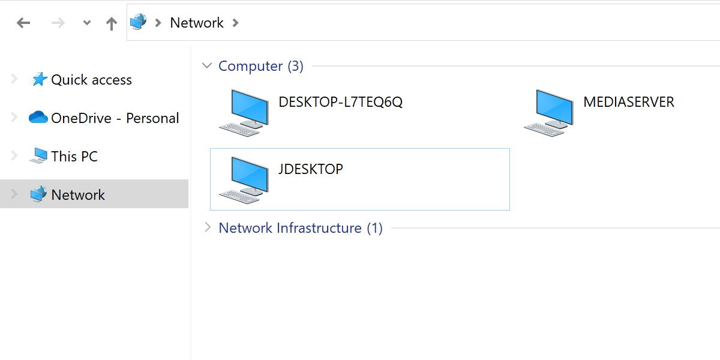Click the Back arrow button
pos(23,23)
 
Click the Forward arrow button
pos(58,23)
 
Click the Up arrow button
pos(112,23)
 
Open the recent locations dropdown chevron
pos(87,23)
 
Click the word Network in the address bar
pos(197,23)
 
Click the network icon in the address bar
pos(139,22)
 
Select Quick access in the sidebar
pos(91,80)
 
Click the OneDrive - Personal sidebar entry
pos(115,118)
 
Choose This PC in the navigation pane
pos(74,157)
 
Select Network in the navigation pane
pos(78,194)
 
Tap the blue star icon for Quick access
pos(39,79)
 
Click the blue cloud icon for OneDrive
pos(38,118)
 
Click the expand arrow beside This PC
pos(14,156)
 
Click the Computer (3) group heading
pos(260,66)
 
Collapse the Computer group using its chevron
pos(207,65)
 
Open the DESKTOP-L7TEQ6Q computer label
pos(340,102)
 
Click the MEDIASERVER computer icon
pos(548,112)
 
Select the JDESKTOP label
pos(310,169)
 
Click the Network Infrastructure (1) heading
pos(300,228)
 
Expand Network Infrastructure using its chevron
pos(207,227)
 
